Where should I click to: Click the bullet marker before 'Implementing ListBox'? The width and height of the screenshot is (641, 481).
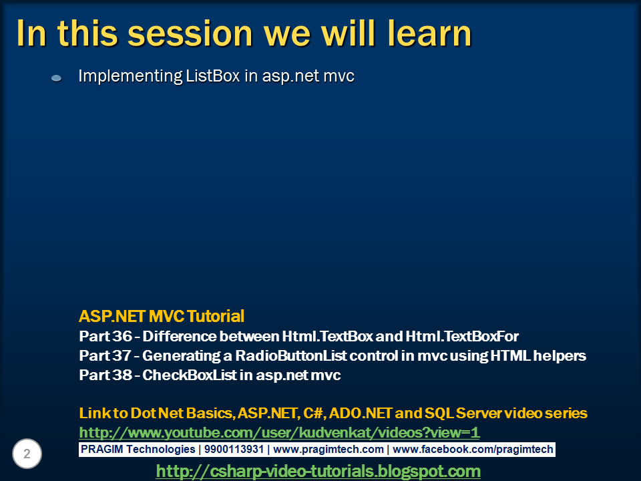click(57, 78)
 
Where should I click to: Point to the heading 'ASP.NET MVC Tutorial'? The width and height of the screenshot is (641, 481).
click(162, 316)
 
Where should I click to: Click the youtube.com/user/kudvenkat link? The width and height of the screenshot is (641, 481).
click(279, 432)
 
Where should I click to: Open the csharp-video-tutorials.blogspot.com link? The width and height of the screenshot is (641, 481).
click(318, 471)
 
